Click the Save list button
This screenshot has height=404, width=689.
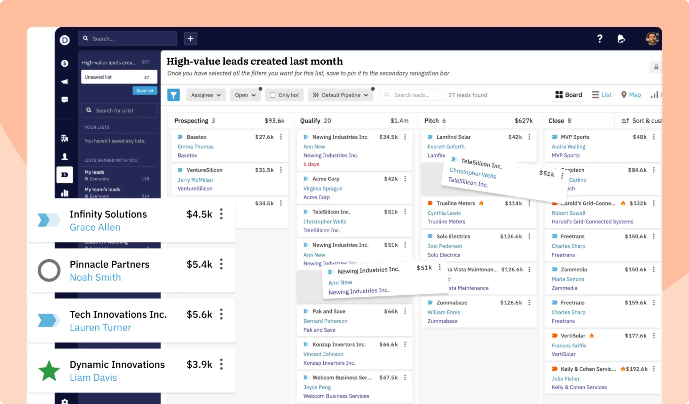(x=145, y=91)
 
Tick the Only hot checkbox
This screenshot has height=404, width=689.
(x=273, y=95)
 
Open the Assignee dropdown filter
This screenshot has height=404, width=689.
(x=206, y=95)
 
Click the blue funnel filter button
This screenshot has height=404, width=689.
(x=173, y=95)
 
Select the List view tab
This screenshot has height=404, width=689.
(x=602, y=95)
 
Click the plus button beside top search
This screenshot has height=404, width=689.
(x=190, y=38)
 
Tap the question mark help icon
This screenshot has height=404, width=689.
(x=600, y=39)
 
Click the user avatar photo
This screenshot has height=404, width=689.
(x=652, y=39)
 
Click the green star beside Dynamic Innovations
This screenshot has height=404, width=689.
(x=49, y=371)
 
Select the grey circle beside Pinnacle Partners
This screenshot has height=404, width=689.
(x=49, y=270)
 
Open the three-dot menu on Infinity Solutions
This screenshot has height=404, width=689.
(x=221, y=214)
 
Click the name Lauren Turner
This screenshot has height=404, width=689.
(x=100, y=327)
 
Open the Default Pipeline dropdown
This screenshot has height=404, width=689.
(x=340, y=95)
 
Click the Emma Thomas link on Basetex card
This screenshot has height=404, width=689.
(x=195, y=146)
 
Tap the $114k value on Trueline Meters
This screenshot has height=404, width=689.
(x=513, y=203)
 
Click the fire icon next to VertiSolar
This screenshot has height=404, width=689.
(x=591, y=336)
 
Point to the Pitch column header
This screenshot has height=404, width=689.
(x=432, y=121)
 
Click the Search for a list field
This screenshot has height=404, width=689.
(x=119, y=110)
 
